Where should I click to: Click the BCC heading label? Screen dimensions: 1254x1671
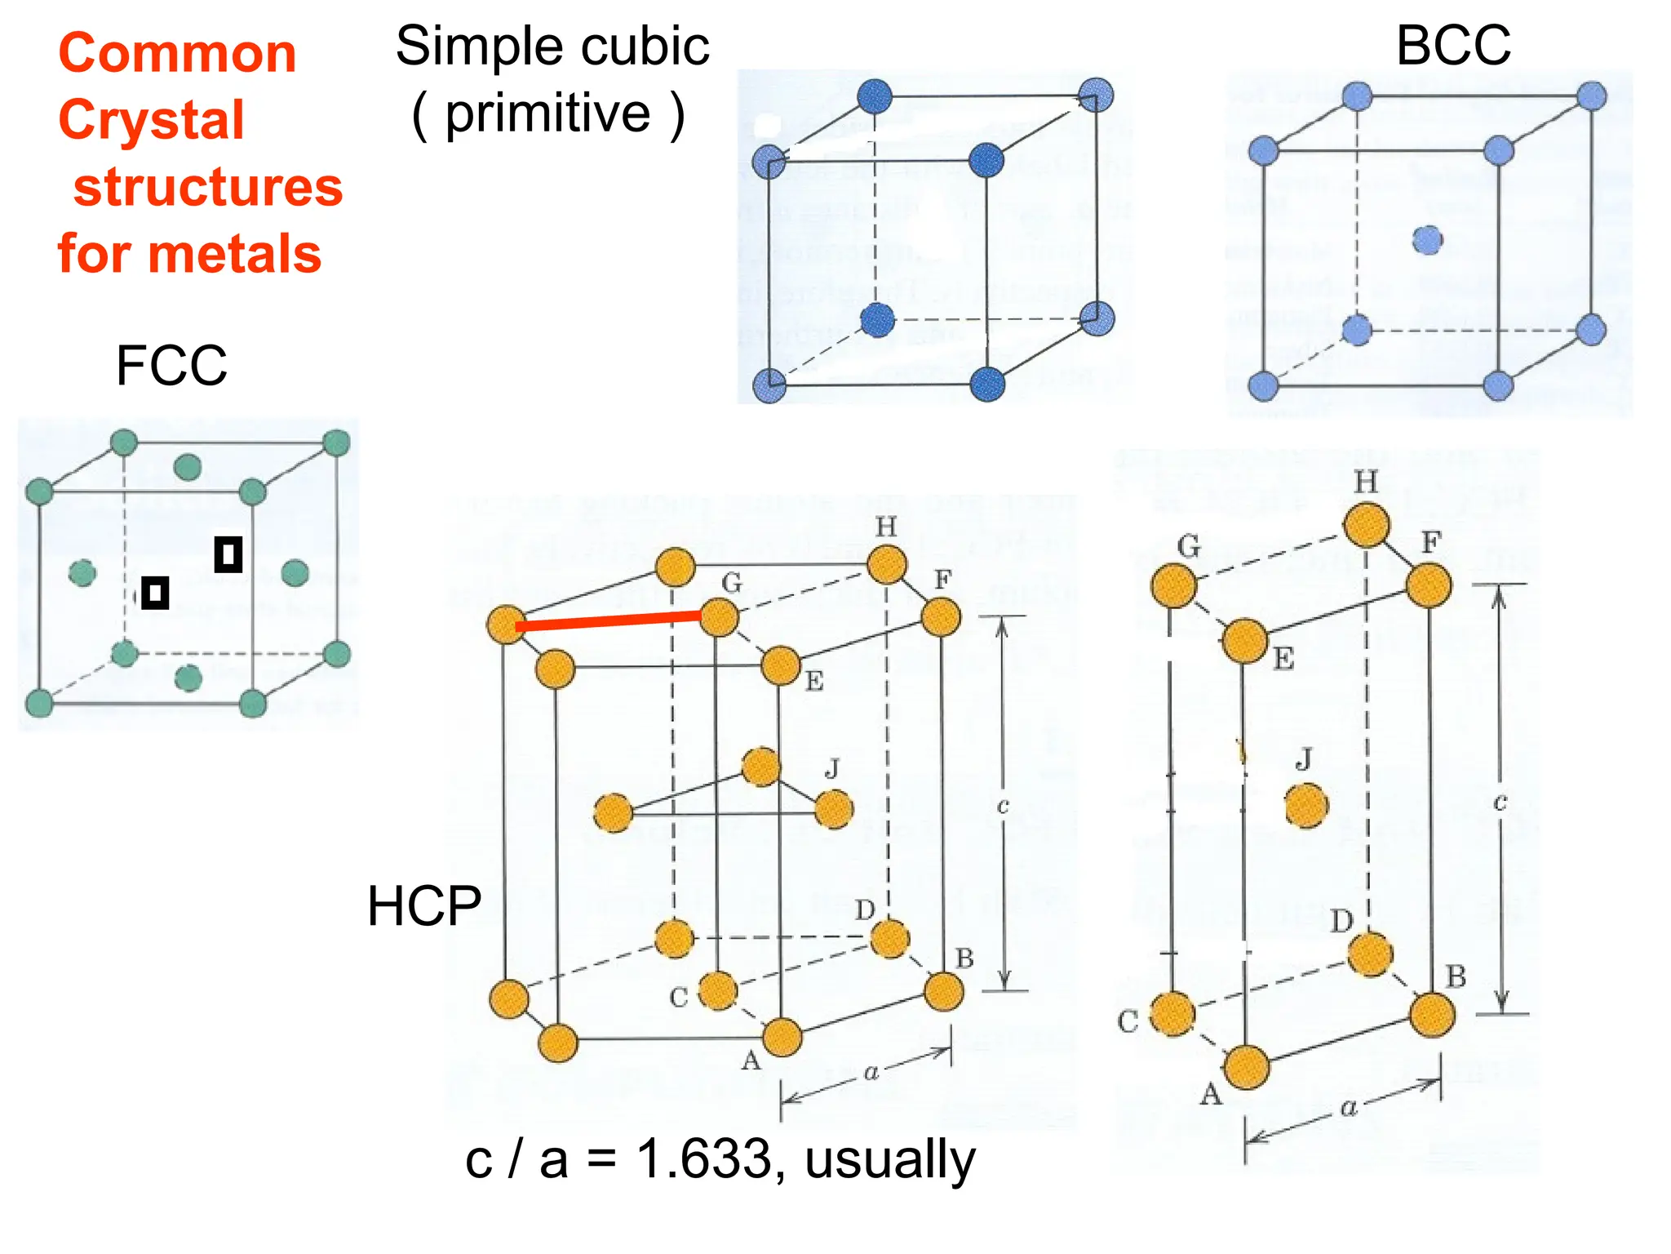(x=1453, y=46)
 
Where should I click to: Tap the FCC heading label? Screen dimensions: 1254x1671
(x=171, y=365)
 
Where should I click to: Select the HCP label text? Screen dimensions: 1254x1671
(x=424, y=906)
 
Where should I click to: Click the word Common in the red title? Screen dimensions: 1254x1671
(x=177, y=54)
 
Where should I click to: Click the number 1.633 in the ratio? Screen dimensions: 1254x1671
(x=703, y=1158)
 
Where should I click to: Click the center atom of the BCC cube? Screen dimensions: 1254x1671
(x=1427, y=240)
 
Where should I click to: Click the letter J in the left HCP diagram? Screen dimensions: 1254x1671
(x=832, y=768)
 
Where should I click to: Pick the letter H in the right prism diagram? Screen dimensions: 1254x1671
(x=1366, y=482)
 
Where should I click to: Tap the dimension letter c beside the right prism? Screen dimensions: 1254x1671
(x=1500, y=803)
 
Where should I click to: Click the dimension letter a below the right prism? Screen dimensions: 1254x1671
(x=1348, y=1107)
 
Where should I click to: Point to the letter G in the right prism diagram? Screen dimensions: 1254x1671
(x=1189, y=545)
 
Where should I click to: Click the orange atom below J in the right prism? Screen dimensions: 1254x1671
(x=1306, y=806)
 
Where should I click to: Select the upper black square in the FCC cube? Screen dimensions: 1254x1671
(x=228, y=554)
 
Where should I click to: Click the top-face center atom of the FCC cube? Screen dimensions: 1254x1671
(x=188, y=467)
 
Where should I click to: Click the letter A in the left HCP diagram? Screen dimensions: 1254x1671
(x=751, y=1061)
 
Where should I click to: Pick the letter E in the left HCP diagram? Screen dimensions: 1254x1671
(x=814, y=681)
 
